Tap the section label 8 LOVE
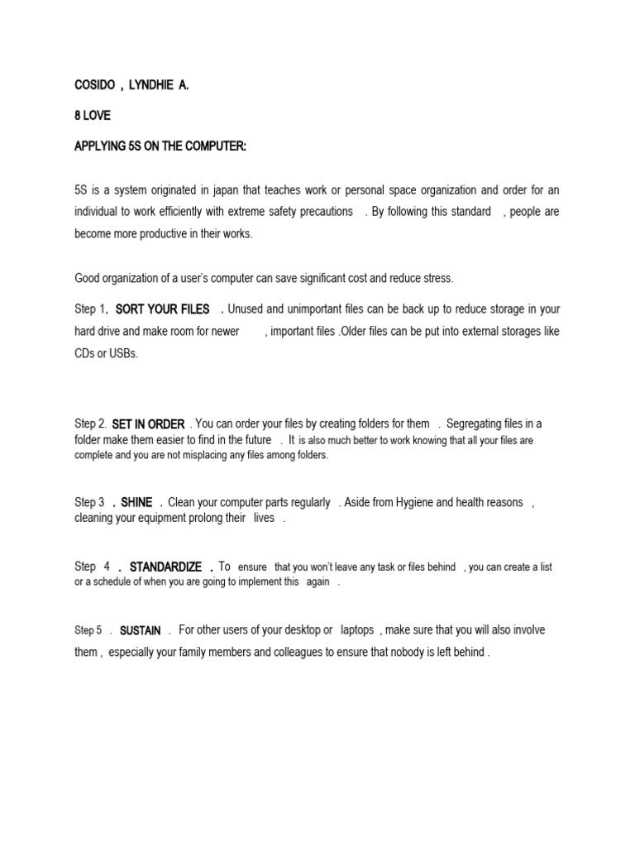[x=92, y=117]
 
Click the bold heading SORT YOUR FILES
[x=162, y=309]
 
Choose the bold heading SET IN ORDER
[x=148, y=424]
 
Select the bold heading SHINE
[x=136, y=502]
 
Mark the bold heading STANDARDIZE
[x=165, y=567]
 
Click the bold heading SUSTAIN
[x=141, y=630]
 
